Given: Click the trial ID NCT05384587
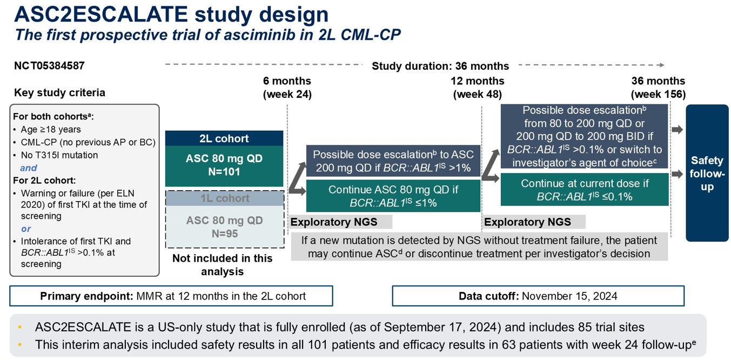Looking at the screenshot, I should pos(49,66).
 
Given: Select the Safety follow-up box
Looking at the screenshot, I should pos(707,173).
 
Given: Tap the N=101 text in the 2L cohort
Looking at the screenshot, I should pos(224,172).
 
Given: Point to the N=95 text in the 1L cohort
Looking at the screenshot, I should pos(224,234).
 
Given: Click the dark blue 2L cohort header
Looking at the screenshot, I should pos(224,138).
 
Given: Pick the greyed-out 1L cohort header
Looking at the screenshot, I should pos(224,198).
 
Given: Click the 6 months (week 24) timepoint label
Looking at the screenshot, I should pos(287,88).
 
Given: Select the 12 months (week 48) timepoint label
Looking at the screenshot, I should pos(477,88).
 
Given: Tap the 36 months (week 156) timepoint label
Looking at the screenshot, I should pos(658,88).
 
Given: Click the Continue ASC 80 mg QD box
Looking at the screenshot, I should pos(393,196).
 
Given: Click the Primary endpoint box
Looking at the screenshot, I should pos(171,296).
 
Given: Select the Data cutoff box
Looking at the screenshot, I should pos(538,296).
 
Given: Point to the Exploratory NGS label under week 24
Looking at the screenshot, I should pos(334,222).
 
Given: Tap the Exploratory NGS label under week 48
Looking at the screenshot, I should pos(527,222).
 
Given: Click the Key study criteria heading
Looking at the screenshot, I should pos(59,93).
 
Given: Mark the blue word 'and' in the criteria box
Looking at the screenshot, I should pos(29,168).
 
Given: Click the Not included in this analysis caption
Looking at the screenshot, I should pos(222,265).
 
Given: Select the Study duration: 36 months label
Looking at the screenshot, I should pos(440,66).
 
